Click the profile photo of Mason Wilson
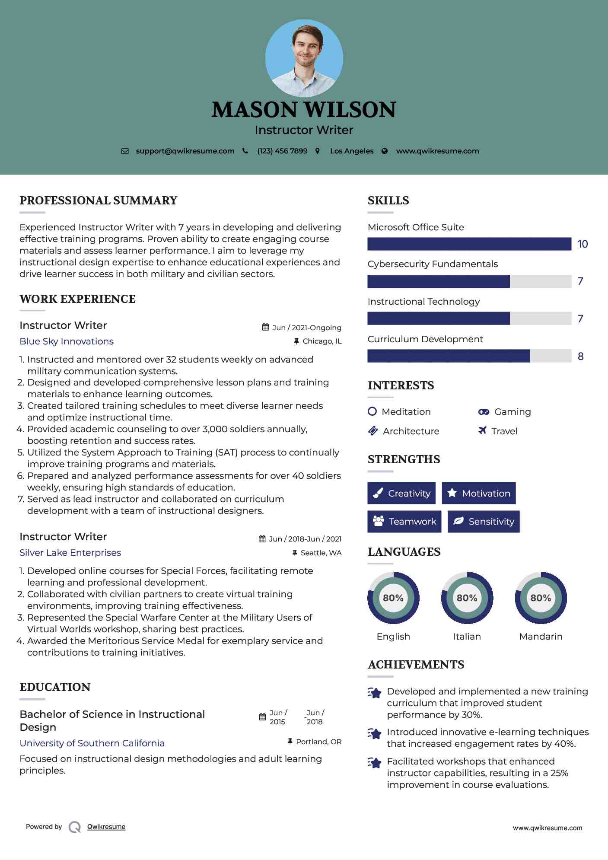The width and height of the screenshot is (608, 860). click(x=304, y=58)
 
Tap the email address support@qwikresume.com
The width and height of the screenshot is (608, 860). click(x=185, y=151)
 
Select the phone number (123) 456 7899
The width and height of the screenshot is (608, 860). click(x=282, y=151)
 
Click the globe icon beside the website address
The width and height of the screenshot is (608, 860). click(x=385, y=151)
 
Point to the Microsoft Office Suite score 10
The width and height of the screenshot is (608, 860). click(x=583, y=244)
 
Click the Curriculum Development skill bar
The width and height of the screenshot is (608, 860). click(x=469, y=356)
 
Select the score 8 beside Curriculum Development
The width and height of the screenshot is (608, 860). click(x=580, y=357)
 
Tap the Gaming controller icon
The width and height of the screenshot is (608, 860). click(x=484, y=412)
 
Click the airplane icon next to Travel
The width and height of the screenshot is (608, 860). click(x=482, y=430)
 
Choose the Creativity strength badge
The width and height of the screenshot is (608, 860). click(x=401, y=493)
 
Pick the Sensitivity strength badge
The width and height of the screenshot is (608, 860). click(x=484, y=522)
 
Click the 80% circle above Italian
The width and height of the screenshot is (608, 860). click(x=467, y=598)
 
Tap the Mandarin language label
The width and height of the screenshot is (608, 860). click(x=541, y=637)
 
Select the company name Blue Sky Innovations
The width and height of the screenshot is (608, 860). click(x=67, y=341)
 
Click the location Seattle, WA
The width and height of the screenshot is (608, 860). click(x=321, y=553)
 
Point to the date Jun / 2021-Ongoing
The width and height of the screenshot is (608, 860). click(x=306, y=328)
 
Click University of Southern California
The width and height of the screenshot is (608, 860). click(x=92, y=743)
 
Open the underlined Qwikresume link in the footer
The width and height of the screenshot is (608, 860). click(x=106, y=827)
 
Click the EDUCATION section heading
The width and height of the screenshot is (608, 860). click(x=55, y=687)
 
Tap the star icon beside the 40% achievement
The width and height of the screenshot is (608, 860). click(x=374, y=733)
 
